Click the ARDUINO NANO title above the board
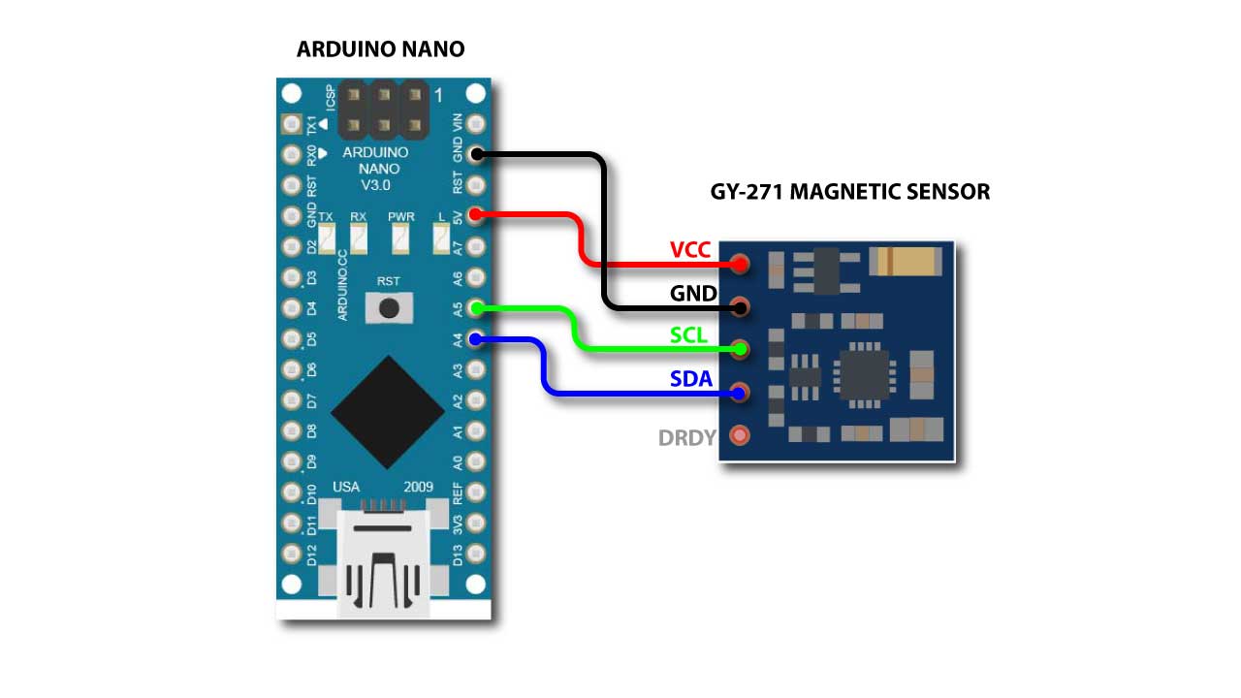380,49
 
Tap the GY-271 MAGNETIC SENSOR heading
850,191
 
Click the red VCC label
690,250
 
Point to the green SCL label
688,335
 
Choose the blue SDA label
691,379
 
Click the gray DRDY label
687,437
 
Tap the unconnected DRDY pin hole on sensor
741,435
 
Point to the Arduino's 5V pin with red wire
475,215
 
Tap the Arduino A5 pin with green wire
475,308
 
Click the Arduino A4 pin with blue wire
475,338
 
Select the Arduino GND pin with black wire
475,153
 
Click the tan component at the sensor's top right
907,260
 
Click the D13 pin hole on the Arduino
475,553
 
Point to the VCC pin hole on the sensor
741,263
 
